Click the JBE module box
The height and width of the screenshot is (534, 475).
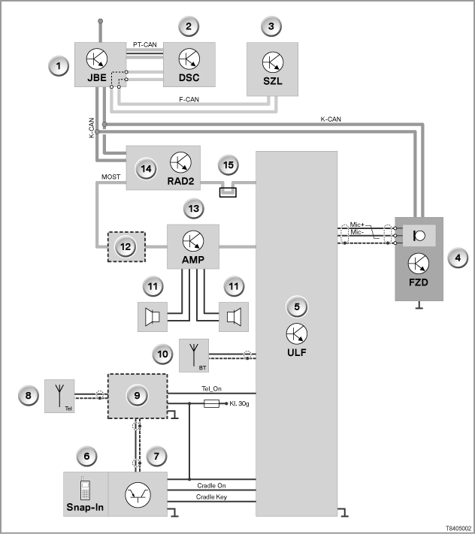[100, 65]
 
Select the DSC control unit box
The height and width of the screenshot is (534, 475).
[189, 65]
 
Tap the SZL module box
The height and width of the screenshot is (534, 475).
[272, 69]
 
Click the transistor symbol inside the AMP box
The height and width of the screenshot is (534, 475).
[193, 241]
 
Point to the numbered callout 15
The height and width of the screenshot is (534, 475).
[228, 165]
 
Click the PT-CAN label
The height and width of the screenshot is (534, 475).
[145, 44]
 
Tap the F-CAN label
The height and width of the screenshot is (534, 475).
[189, 99]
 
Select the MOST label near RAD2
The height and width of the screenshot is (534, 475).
[110, 176]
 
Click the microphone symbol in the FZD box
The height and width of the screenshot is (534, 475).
[419, 235]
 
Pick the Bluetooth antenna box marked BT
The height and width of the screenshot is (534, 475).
[194, 355]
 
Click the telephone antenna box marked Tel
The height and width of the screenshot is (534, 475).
[59, 396]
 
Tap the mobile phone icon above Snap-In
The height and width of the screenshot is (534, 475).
[85, 488]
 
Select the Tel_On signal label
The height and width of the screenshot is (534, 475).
[212, 388]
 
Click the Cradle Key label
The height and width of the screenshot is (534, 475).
[211, 497]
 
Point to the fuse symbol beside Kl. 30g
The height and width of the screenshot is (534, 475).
[211, 403]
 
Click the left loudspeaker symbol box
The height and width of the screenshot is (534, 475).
[153, 317]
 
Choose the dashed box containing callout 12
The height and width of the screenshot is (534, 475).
[126, 247]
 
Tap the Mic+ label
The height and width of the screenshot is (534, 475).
[357, 225]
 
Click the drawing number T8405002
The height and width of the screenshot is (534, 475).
[458, 528]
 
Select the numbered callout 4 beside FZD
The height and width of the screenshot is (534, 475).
[458, 258]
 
